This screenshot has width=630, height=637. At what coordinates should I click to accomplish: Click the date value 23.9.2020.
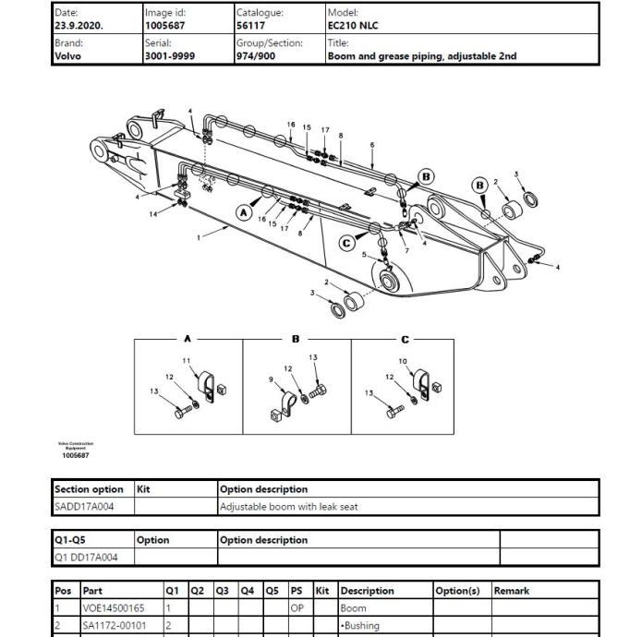coord(79,26)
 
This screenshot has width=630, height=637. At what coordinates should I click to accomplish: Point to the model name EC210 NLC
coord(356,26)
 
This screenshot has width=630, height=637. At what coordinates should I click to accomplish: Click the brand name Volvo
coord(68,55)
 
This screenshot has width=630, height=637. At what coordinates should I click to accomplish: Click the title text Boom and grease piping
coord(421,55)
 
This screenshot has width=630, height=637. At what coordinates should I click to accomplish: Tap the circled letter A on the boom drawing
coord(244,212)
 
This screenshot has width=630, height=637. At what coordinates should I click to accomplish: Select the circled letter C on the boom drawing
coord(347,243)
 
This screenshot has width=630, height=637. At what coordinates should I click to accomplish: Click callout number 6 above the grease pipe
coord(372,145)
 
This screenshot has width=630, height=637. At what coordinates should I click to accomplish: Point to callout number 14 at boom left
coord(154,214)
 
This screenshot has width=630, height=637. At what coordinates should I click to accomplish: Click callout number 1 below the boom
coord(199,237)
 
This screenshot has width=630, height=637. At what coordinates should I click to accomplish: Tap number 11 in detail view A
coord(187,360)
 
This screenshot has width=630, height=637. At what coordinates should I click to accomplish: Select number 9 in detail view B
coord(271,379)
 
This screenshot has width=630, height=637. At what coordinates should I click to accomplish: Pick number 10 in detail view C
coord(403,361)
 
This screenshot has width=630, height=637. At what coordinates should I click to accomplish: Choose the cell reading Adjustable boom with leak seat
coord(287,506)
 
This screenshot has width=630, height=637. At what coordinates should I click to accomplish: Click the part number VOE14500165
coord(114,608)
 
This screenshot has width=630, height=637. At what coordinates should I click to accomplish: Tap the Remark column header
coord(511,591)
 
